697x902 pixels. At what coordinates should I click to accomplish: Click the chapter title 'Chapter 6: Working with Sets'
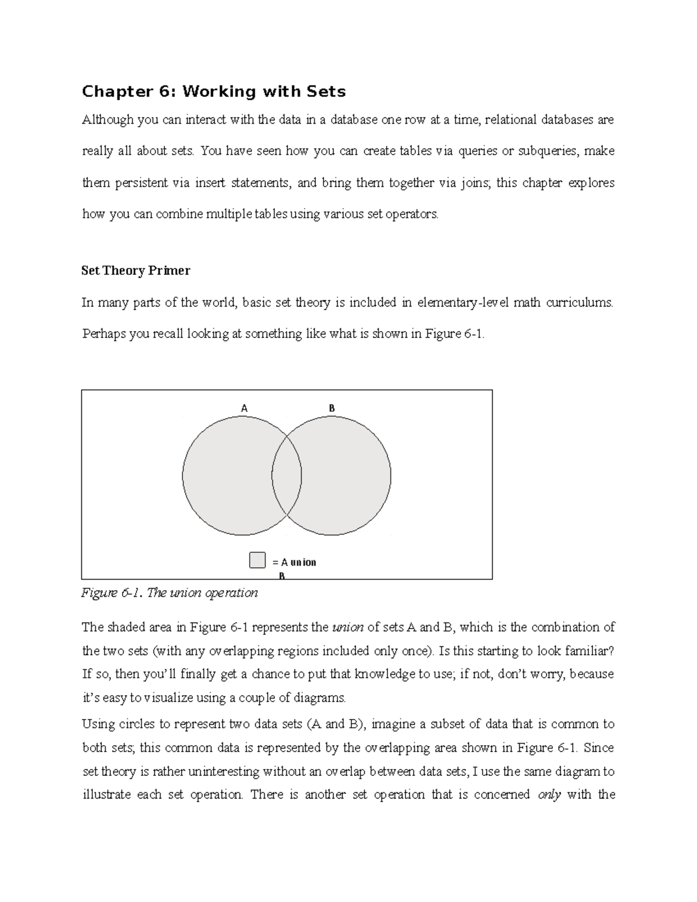[x=214, y=92]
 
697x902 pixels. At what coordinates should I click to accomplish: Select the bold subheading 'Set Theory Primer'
[x=136, y=271]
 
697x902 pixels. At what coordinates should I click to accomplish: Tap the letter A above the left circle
[x=245, y=408]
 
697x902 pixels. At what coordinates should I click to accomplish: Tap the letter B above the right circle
[x=332, y=408]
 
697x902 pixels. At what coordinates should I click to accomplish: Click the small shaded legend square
[x=257, y=560]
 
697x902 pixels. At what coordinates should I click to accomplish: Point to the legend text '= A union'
[x=294, y=562]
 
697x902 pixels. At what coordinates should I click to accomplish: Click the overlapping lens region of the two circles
[x=287, y=476]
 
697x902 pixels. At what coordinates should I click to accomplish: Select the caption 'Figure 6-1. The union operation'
[x=170, y=593]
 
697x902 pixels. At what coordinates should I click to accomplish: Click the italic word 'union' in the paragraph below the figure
[x=347, y=627]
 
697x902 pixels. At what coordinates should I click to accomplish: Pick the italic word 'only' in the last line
[x=549, y=795]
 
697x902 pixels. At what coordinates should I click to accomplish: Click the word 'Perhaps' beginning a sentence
[x=103, y=334]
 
